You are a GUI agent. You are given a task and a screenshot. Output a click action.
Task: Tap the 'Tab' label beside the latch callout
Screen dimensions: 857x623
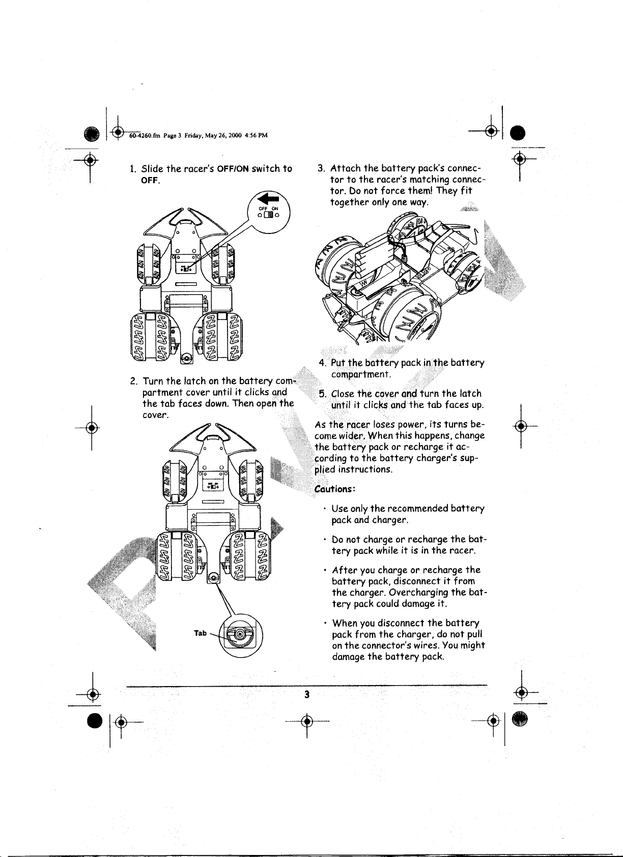tap(201, 633)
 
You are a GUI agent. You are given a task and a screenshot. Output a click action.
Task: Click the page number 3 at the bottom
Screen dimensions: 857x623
tap(307, 694)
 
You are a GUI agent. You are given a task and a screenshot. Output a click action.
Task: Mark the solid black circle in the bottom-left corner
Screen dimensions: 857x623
tap(93, 721)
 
